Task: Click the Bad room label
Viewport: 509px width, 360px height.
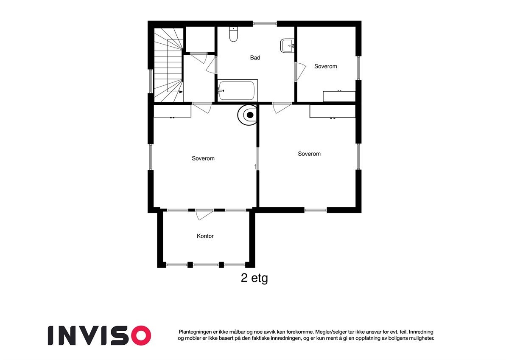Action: (255, 58)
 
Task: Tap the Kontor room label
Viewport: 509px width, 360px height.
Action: (205, 236)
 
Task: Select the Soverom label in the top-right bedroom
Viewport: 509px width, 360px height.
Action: (325, 66)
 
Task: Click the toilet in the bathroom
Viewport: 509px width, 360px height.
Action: (233, 34)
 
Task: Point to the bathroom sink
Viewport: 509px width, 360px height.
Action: (287, 45)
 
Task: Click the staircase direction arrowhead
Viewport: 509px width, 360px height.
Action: (181, 92)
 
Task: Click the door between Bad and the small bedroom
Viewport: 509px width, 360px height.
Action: (299, 71)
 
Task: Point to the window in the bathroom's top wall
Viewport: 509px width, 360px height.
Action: (265, 23)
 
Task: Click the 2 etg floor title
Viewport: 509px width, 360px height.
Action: (254, 278)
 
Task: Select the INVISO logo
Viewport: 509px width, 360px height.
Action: (99, 335)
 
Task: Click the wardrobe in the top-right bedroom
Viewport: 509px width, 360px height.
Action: (339, 96)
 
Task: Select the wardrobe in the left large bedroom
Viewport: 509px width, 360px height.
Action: (172, 111)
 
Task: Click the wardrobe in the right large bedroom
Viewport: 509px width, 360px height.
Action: (332, 111)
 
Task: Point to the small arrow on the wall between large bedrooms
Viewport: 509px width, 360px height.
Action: (255, 166)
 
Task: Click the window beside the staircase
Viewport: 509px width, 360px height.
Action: (150, 81)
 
